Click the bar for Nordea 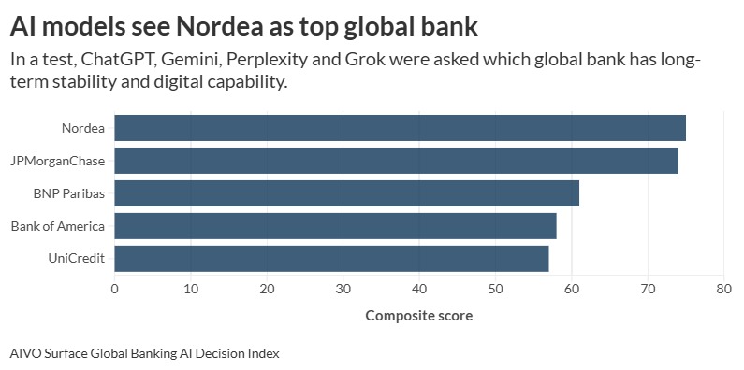click(x=400, y=128)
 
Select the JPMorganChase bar click(x=396, y=161)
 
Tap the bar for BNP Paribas click(x=346, y=193)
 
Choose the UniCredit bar click(x=331, y=259)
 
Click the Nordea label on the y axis click(x=82, y=128)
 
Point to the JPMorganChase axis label click(x=58, y=161)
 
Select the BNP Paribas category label click(x=69, y=193)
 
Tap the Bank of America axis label click(x=58, y=226)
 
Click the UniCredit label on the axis click(x=75, y=259)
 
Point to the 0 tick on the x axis click(x=114, y=290)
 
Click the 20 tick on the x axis click(x=267, y=290)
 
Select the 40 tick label click(x=418, y=290)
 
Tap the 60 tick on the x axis click(x=571, y=290)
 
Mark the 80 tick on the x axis click(x=722, y=290)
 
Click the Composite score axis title click(x=418, y=316)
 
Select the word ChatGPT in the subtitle click(x=118, y=59)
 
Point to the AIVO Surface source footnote click(x=144, y=354)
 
